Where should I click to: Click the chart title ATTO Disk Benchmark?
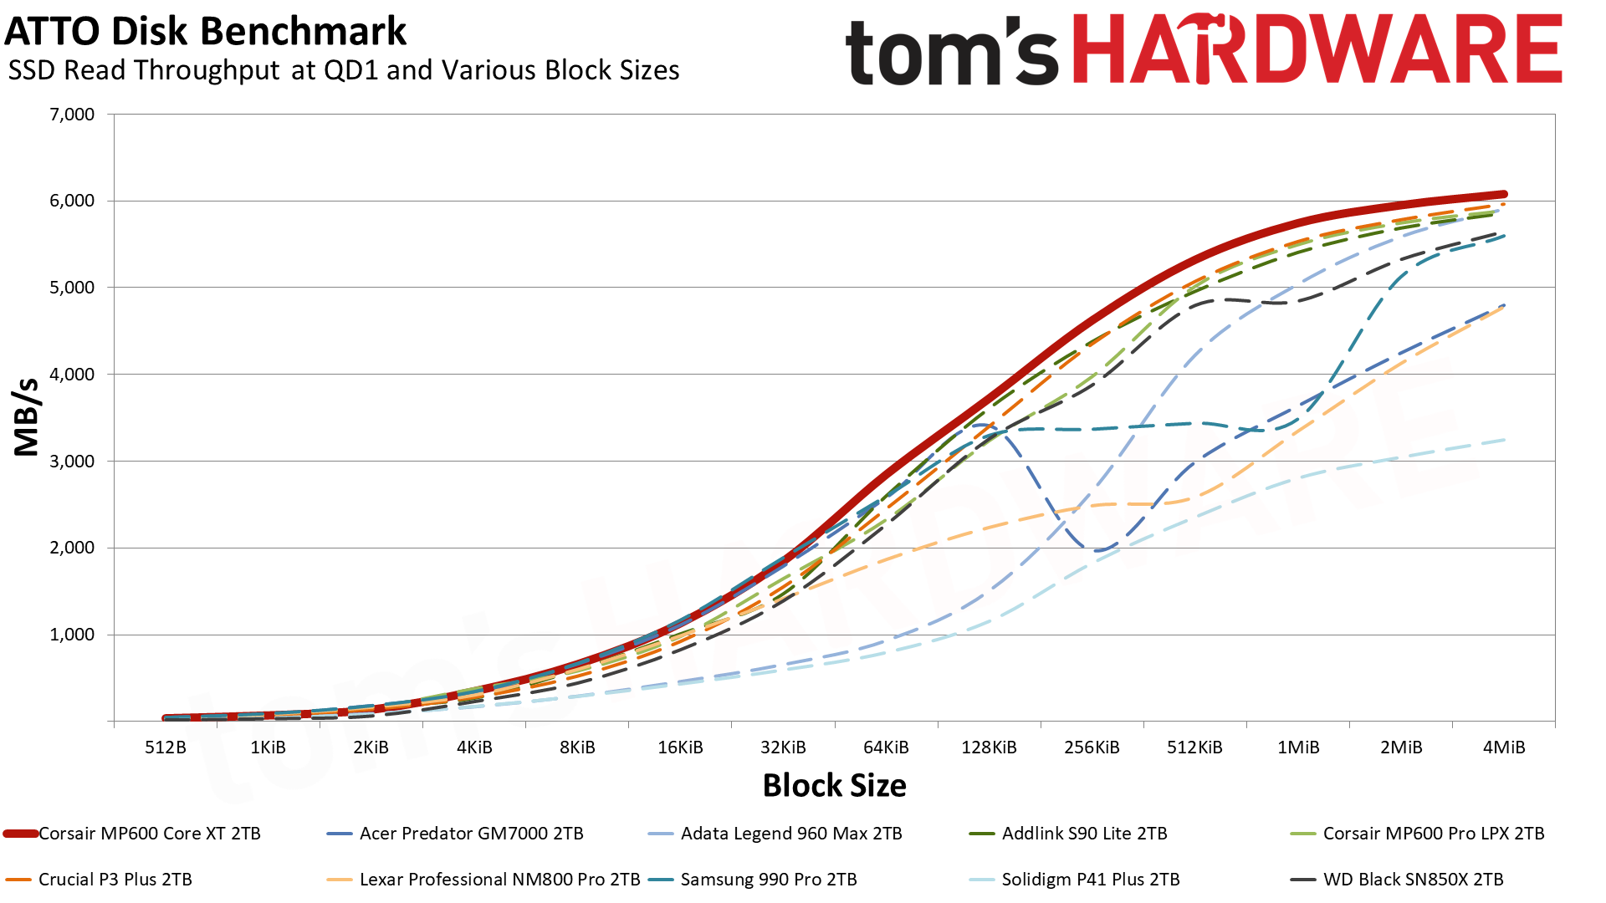tap(206, 32)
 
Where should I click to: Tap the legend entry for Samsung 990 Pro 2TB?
tap(768, 880)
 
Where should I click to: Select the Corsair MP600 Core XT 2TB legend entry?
tap(149, 834)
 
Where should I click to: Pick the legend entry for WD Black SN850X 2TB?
tap(1413, 880)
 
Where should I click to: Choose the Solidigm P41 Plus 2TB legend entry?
tap(1090, 880)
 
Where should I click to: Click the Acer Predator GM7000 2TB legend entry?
tap(471, 834)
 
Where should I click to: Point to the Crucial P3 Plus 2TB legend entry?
tap(115, 880)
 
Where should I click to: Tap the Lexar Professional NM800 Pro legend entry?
tap(499, 880)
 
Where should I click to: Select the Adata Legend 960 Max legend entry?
tap(790, 834)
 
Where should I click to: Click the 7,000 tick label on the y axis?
tap(73, 115)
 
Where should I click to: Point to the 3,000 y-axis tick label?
tap(73, 462)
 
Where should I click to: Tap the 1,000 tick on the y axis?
tap(73, 635)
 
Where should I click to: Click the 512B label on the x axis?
tap(166, 747)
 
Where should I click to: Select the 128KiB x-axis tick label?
tap(989, 747)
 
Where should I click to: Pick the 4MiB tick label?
tap(1503, 747)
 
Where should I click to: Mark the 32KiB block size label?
tap(783, 747)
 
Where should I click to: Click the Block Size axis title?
tap(834, 786)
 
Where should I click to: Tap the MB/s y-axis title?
tap(27, 417)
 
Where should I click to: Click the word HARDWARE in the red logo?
tap(1317, 49)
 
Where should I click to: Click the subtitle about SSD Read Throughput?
tap(344, 71)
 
